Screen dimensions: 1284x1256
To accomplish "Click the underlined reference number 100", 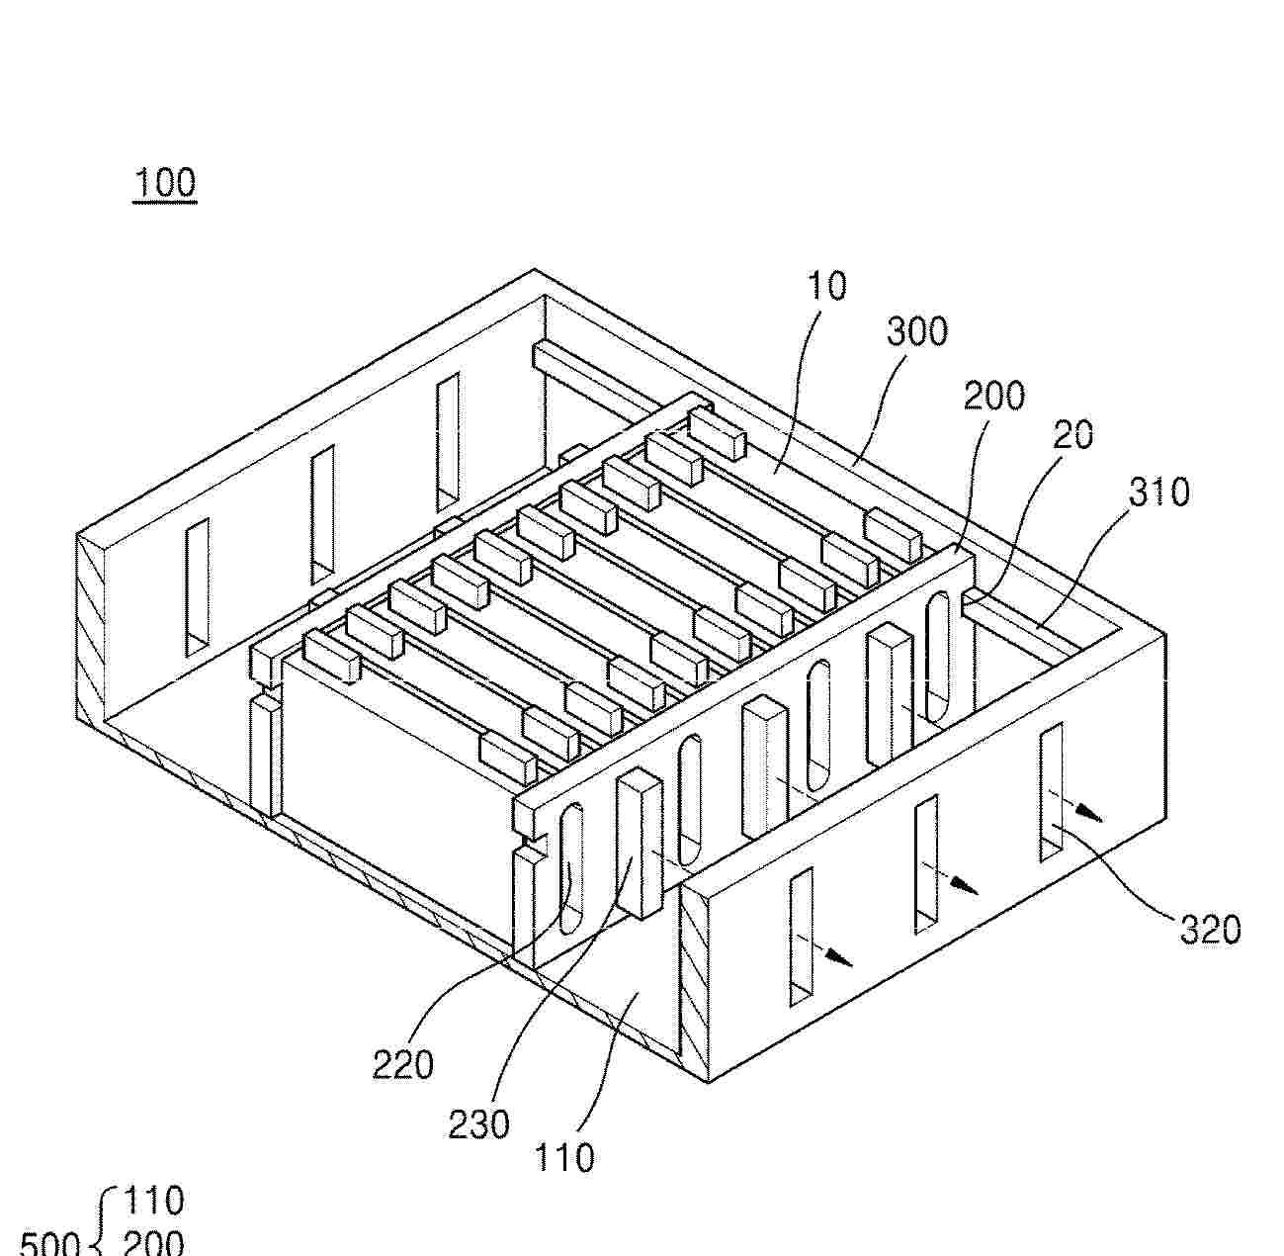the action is pyautogui.click(x=165, y=184).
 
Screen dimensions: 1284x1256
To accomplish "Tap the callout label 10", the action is pyautogui.click(x=826, y=286).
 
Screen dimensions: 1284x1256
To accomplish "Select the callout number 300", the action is pyautogui.click(x=917, y=331).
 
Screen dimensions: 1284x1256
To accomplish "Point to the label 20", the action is pyautogui.click(x=1072, y=434).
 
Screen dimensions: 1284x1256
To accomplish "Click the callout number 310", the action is pyautogui.click(x=1159, y=493).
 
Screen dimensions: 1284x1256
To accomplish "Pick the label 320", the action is pyautogui.click(x=1210, y=930).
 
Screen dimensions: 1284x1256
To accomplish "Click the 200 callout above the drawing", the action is pyautogui.click(x=994, y=396).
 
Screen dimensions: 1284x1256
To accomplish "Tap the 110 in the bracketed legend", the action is pyautogui.click(x=154, y=1201).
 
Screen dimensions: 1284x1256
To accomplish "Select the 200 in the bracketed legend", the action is pyautogui.click(x=154, y=1242).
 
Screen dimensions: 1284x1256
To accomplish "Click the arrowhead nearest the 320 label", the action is pyautogui.click(x=1092, y=817).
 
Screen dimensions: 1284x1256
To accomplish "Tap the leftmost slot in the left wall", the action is pyautogui.click(x=198, y=588).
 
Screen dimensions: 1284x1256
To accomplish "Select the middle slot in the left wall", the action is pyautogui.click(x=322, y=514).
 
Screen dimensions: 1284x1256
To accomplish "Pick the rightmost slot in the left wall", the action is pyautogui.click(x=448, y=441).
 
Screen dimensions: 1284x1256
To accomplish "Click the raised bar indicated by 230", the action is pyautogui.click(x=639, y=844).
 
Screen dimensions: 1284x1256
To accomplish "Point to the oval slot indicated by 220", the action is pyautogui.click(x=570, y=868).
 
